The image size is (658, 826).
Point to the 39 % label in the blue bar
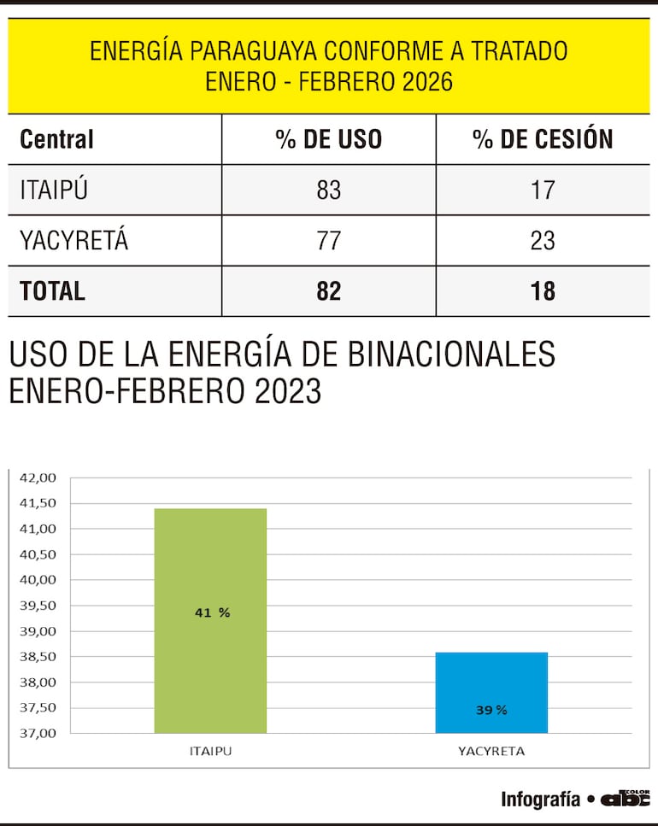[x=491, y=709]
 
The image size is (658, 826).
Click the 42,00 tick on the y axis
[x=38, y=477]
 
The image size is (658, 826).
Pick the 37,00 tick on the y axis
[x=38, y=733]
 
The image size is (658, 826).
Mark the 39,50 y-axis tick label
[x=38, y=606]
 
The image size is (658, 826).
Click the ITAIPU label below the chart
[x=210, y=752]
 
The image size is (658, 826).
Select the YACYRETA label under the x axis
[x=491, y=752]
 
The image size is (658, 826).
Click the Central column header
[x=56, y=139]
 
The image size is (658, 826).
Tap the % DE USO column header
[x=329, y=139]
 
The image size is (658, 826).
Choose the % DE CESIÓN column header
[x=543, y=139]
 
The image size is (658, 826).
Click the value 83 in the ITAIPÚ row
[x=329, y=190]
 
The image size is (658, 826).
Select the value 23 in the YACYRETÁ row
[x=543, y=241]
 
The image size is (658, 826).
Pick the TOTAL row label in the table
[x=52, y=291]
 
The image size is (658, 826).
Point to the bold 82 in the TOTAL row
[x=329, y=291]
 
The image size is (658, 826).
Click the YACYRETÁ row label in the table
[x=73, y=241]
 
